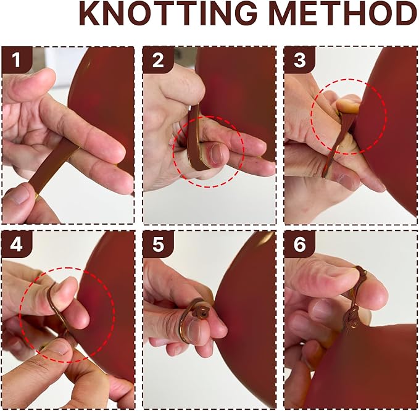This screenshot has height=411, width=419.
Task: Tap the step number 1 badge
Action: [x=16, y=60]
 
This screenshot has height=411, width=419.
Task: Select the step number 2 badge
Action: [x=158, y=60]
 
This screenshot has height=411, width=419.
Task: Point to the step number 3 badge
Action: [x=299, y=60]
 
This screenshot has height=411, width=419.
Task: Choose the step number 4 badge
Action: [x=16, y=244]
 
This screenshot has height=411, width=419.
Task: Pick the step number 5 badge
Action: [x=158, y=244]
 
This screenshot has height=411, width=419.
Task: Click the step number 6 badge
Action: [x=299, y=244]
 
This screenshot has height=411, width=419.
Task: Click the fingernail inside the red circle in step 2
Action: [x=217, y=154]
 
